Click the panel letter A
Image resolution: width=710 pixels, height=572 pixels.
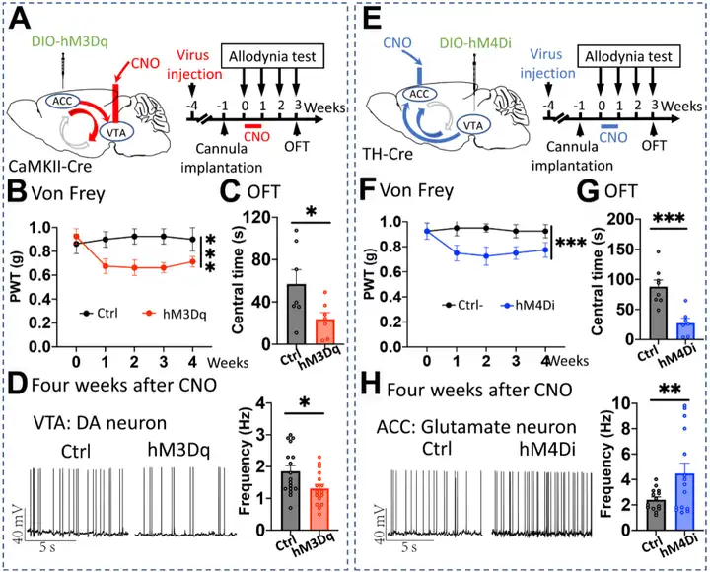coord(21,21)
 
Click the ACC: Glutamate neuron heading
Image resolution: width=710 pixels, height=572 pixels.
coord(464,428)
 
